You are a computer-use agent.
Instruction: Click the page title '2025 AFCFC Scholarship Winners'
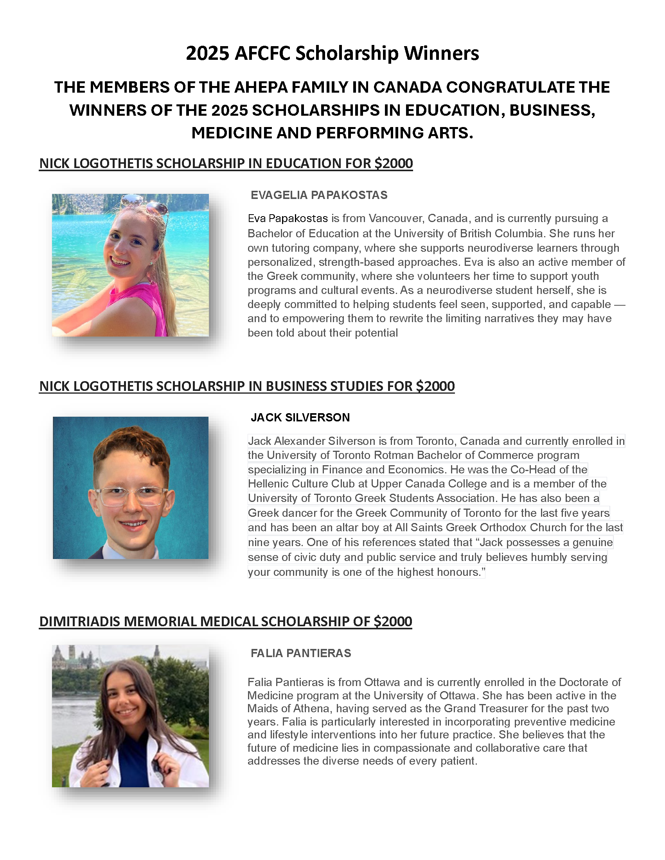[x=332, y=53]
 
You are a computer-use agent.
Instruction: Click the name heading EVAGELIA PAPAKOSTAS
[x=319, y=195]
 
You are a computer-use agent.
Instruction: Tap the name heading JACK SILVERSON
[x=300, y=417]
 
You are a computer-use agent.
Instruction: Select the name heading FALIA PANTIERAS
[x=300, y=653]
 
